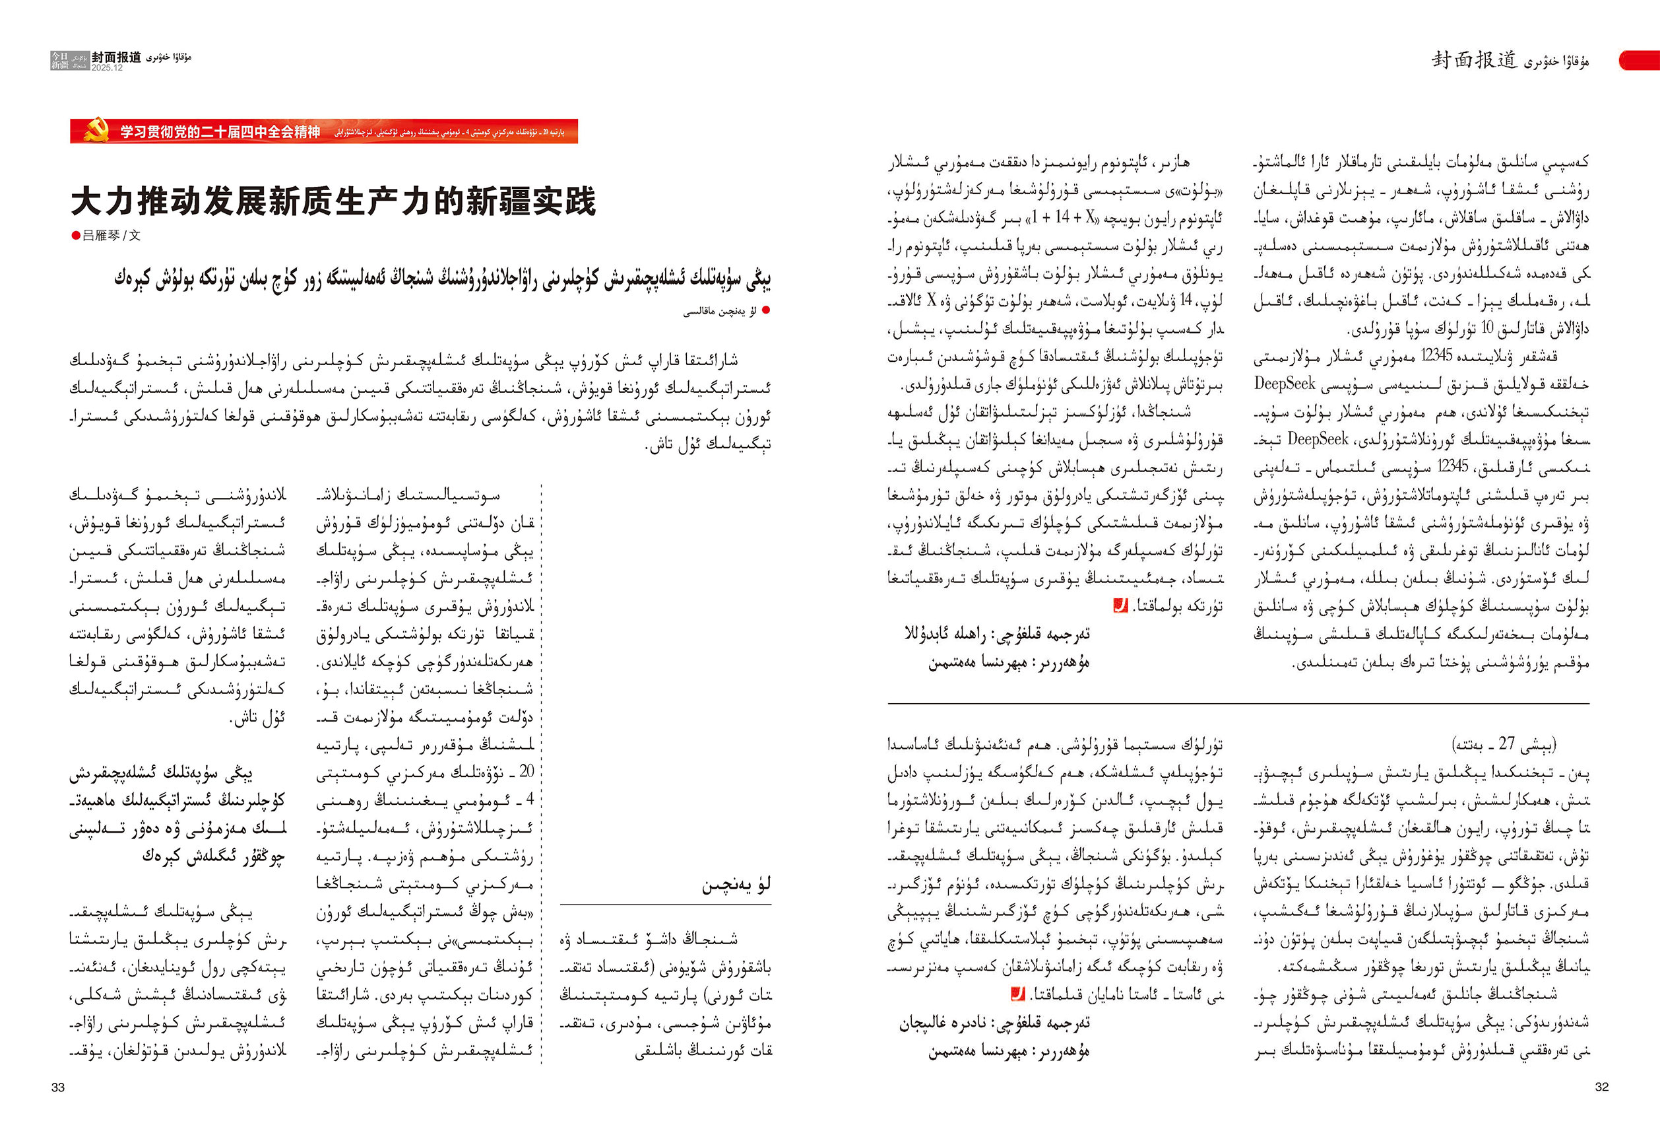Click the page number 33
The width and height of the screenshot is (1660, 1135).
click(58, 1087)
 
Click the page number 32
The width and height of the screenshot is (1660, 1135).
click(1601, 1086)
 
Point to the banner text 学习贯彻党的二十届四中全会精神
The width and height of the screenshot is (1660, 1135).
click(219, 131)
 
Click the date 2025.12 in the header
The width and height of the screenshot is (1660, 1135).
click(107, 68)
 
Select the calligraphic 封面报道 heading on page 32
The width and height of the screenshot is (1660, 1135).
click(1473, 60)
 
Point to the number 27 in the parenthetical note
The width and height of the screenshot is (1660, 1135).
click(1506, 743)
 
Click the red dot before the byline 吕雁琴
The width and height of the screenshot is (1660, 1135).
click(76, 236)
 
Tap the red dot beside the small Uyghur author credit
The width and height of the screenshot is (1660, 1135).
click(767, 310)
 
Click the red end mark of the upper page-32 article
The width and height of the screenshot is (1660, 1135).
click(1120, 606)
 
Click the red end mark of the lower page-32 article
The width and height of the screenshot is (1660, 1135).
click(1017, 994)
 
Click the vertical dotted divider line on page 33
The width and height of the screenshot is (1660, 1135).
click(542, 772)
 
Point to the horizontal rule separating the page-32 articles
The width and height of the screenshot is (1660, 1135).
click(1238, 704)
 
